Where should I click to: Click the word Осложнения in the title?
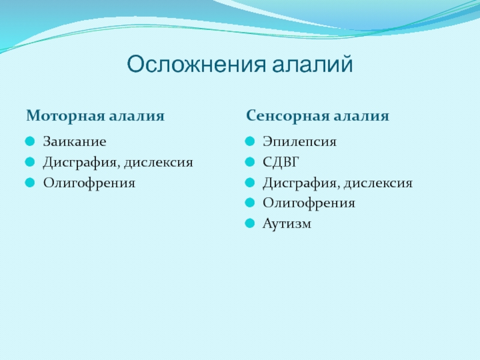(196, 64)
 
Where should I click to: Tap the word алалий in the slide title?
(313, 64)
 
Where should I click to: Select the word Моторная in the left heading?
(65, 116)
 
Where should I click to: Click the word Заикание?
(74, 142)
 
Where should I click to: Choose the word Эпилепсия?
(299, 142)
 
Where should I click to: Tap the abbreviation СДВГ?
(281, 162)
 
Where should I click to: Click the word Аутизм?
(287, 223)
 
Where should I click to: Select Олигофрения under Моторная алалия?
(89, 183)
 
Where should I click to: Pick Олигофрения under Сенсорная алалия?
(309, 203)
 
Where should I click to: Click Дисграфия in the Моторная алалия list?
(80, 162)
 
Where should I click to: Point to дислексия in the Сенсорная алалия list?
(378, 183)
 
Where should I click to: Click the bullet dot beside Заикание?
(30, 142)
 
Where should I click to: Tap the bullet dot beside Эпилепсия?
(250, 142)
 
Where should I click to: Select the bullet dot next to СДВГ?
(250, 162)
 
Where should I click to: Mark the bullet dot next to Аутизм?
(250, 223)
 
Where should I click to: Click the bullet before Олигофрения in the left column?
(30, 183)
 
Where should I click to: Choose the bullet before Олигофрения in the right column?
(250, 203)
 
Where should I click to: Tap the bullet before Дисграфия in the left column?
(30, 162)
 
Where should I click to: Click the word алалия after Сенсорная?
(361, 116)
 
